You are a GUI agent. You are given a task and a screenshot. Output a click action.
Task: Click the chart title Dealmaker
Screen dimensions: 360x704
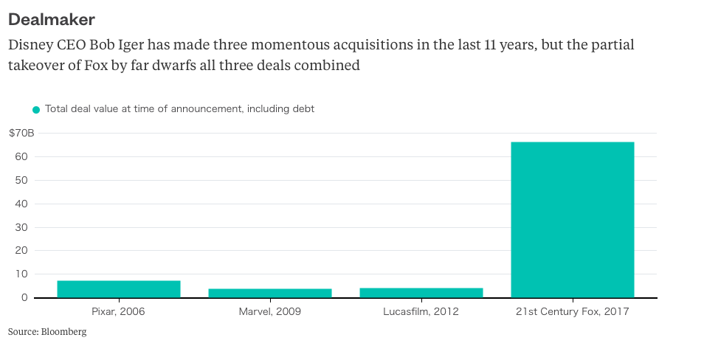coord(51,18)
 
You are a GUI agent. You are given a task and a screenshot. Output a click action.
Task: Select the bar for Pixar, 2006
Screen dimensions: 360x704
coord(119,289)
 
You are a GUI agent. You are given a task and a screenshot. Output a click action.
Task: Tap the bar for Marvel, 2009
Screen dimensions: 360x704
coord(270,293)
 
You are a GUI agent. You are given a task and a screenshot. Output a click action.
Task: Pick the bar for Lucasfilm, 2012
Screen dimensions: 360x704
coord(421,293)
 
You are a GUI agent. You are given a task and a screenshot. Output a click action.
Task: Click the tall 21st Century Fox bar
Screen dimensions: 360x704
coord(573,220)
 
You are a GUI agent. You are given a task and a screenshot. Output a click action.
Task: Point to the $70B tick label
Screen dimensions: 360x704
coord(21,133)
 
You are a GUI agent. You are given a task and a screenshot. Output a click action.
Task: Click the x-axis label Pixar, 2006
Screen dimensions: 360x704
coord(118,311)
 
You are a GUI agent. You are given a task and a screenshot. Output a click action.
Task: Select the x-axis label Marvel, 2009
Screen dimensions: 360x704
coord(270,311)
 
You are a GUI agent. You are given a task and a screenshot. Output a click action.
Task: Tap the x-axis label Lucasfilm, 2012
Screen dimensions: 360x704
coord(421,311)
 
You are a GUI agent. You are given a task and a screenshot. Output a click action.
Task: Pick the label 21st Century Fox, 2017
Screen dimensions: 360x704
coord(573,311)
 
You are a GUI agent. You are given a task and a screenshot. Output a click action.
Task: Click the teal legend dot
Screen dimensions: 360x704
coord(36,110)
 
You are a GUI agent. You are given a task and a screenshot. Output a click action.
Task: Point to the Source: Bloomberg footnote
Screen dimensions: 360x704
coord(47,332)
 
